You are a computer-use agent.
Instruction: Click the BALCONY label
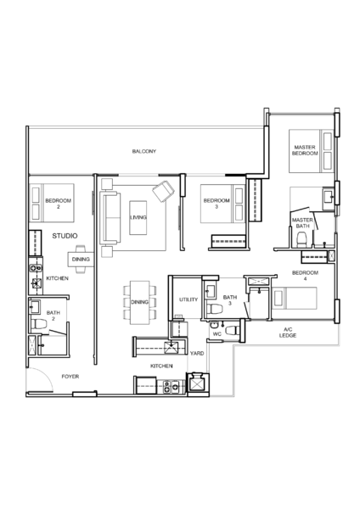144,151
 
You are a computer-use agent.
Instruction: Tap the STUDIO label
65,236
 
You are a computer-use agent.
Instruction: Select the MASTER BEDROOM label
305,150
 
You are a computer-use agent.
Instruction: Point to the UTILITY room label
188,299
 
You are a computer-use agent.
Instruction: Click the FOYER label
70,377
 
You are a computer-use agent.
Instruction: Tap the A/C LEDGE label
288,333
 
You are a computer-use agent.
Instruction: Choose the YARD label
197,353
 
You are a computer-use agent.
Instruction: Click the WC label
217,334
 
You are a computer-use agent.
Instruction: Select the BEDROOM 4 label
305,276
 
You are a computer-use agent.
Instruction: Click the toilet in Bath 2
39,324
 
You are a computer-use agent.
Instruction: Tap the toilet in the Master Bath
302,238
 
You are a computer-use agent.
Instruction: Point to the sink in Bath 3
210,291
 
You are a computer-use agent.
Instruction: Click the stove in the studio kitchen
36,268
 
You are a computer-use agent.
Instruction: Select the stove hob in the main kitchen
172,387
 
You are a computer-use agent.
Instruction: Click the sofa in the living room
110,217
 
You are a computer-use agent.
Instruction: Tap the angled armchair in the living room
163,191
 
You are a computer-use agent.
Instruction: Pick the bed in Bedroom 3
222,204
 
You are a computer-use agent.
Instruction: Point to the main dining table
140,303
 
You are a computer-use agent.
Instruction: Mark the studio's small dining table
81,260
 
